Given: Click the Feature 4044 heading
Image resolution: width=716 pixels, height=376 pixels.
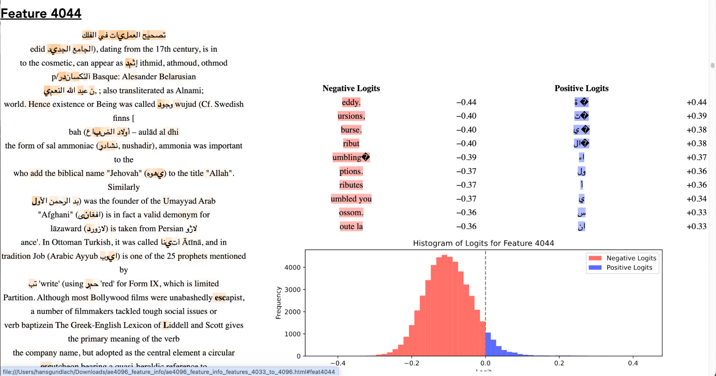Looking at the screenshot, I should coord(41,14).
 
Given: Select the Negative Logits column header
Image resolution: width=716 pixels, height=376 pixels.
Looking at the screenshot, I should coord(351,88).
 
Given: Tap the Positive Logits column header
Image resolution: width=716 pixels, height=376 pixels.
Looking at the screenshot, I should coord(581,88).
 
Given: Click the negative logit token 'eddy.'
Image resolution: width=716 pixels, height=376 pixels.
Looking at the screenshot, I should coord(351,102).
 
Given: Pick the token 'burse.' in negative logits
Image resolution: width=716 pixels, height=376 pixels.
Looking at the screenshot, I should coord(351,130).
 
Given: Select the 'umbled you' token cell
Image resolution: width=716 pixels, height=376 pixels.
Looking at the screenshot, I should coord(351,199).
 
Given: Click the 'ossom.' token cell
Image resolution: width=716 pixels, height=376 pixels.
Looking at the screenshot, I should coord(351,213).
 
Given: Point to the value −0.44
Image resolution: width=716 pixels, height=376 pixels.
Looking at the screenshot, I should coord(466,102).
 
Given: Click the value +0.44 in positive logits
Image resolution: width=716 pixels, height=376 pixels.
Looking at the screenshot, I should coord(696,102).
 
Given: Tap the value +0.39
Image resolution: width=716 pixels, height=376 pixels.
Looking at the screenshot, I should coord(696,116).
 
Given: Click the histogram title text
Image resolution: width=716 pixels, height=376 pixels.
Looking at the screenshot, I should coord(483,243).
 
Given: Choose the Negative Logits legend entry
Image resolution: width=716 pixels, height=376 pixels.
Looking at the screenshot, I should coord(631,258).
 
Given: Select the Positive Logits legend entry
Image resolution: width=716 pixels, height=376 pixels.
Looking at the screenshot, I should coord(629,268).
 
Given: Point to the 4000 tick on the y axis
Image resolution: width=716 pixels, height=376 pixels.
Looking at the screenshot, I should coord(292,268).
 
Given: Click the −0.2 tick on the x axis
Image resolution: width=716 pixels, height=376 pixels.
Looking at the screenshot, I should coord(412,363).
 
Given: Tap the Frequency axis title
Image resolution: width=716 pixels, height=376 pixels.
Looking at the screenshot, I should coord(278,303).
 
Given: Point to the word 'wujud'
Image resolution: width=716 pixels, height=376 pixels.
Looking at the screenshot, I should coord(186,104).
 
